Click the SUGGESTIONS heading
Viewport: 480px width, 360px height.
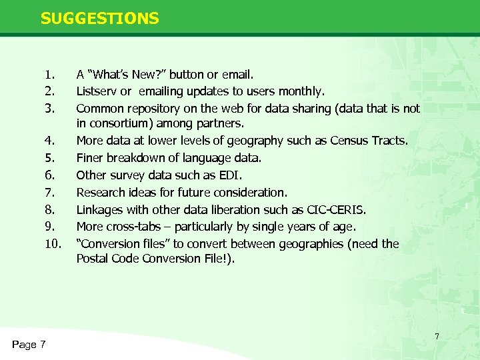click(100, 18)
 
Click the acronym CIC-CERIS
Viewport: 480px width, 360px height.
click(331, 210)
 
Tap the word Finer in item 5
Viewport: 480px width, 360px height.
click(91, 158)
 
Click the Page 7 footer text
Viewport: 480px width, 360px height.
click(29, 344)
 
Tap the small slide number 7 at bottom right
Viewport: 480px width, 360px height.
click(437, 336)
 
